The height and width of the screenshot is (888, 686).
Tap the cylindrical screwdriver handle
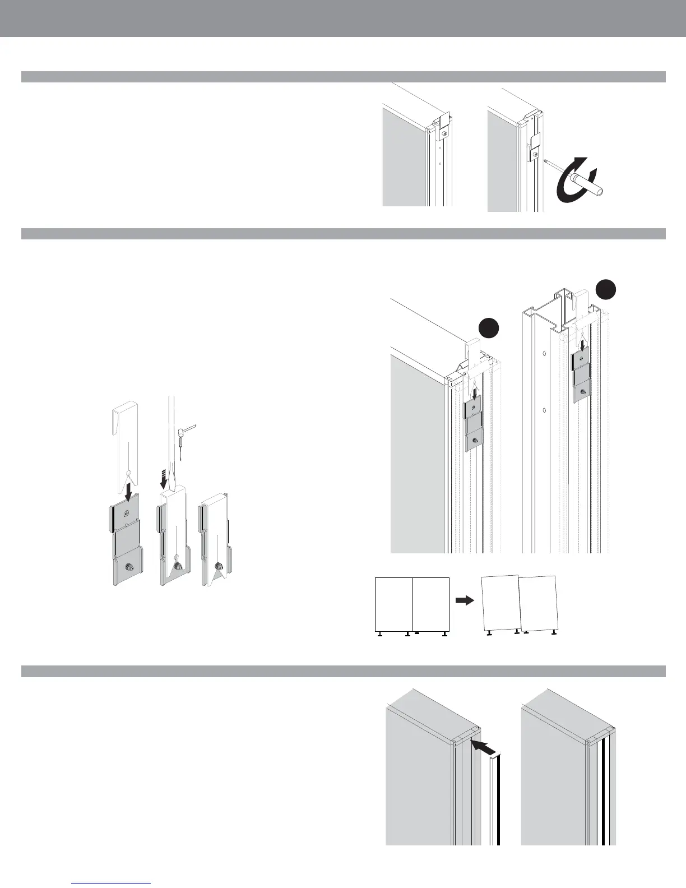click(x=588, y=183)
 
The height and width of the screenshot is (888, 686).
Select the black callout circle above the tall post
click(x=605, y=289)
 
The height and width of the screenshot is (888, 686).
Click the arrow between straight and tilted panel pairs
click(x=464, y=600)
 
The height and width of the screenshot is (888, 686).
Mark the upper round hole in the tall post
click(x=544, y=354)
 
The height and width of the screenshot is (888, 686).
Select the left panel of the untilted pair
click(x=393, y=604)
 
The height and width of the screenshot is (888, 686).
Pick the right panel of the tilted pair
click(x=539, y=603)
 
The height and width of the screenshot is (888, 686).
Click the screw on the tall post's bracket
click(x=583, y=392)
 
